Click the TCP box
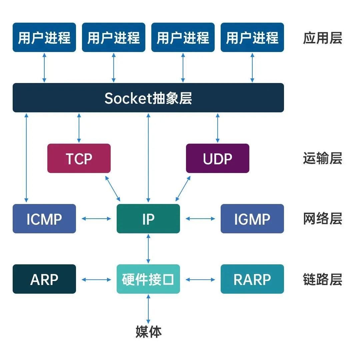[x=79, y=158]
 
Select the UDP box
[x=217, y=158]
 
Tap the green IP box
[x=148, y=219]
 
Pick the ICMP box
[x=44, y=219]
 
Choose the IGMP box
[x=252, y=219]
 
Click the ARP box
[x=44, y=279]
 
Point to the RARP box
[x=252, y=279]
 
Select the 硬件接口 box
[x=148, y=279]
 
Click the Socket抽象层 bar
[x=148, y=98]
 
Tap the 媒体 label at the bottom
[x=148, y=332]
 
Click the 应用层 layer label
[x=322, y=38]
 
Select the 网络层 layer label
[x=322, y=219]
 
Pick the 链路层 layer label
[x=322, y=279]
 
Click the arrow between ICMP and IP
[x=96, y=219]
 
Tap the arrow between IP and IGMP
[x=200, y=219]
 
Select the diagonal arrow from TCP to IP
[x=113, y=188]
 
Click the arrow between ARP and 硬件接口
[x=96, y=279]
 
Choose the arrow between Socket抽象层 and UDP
[x=218, y=128]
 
